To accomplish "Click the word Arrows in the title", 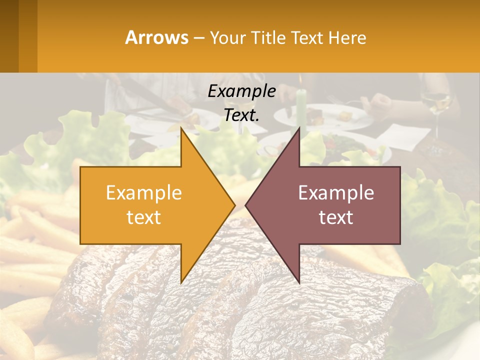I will click(x=157, y=37).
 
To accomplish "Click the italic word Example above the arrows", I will click(x=241, y=91).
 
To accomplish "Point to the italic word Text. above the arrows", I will click(x=241, y=115).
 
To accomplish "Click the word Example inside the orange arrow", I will click(x=144, y=193).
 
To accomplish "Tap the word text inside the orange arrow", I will click(x=144, y=217).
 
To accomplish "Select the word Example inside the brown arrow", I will click(x=336, y=193).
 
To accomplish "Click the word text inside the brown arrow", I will click(x=336, y=217).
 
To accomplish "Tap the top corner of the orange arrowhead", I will click(x=181, y=129).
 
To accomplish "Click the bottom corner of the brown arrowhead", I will click(x=299, y=282).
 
